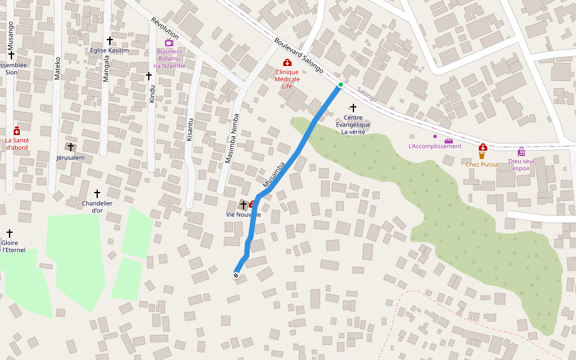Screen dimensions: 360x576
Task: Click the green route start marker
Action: [340, 85]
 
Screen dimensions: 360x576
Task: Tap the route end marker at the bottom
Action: [236, 275]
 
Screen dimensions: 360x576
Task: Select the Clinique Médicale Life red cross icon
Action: [287, 63]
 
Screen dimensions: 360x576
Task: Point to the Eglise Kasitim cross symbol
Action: [110, 41]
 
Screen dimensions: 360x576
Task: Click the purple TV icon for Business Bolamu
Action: [169, 43]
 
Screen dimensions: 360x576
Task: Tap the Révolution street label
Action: [165, 29]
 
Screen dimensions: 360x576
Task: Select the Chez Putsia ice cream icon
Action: [482, 155]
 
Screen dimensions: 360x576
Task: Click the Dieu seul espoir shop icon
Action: [521, 152]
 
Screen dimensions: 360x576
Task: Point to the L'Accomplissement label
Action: [434, 146]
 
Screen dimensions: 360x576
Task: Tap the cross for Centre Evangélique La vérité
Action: [353, 107]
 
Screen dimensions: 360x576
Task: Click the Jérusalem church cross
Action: [70, 147]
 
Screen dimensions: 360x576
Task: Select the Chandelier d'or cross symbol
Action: [97, 194]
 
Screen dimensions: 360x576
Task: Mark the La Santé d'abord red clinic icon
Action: [17, 131]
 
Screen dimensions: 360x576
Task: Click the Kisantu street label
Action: [190, 129]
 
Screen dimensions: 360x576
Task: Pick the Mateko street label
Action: [58, 68]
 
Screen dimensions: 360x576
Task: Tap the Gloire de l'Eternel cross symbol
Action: [10, 233]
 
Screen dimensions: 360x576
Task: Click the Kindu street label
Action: [152, 94]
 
